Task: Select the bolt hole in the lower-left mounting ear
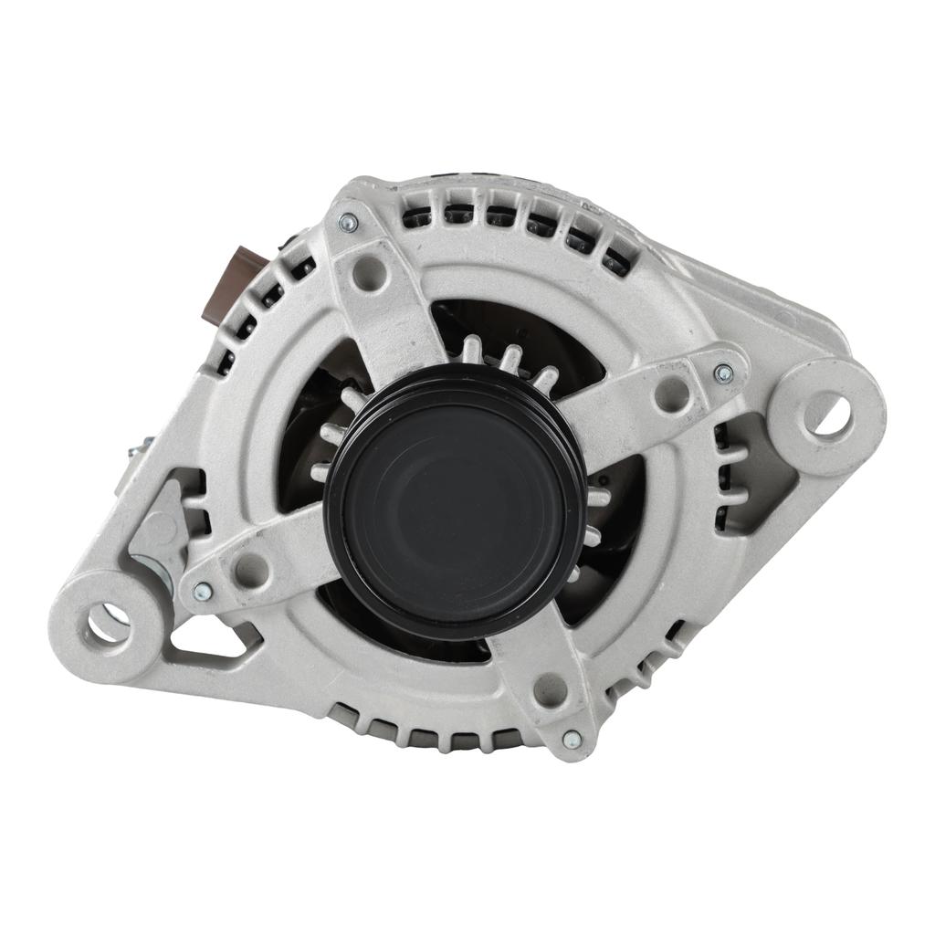pos(108,623)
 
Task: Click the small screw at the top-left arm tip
pos(349,222)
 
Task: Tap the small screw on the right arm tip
pos(723,373)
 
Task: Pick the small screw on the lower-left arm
pos(203,592)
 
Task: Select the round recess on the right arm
pos(672,394)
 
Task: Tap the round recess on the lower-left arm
pos(251,570)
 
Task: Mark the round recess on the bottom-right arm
pos(551,690)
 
